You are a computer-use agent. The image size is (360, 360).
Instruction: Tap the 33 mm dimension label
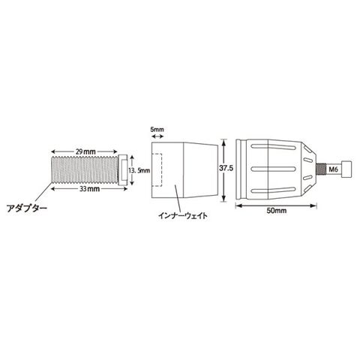[89, 189]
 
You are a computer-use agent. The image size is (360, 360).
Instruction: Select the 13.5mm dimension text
[139, 170]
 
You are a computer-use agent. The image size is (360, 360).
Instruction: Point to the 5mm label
[157, 129]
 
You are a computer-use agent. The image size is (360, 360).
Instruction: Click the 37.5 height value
[226, 168]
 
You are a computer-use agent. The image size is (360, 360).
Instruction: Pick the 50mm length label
[276, 211]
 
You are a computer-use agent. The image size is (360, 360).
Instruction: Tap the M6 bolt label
[333, 169]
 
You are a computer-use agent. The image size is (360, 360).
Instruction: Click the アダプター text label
[26, 208]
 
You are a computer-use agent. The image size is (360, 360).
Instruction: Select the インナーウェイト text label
[183, 215]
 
